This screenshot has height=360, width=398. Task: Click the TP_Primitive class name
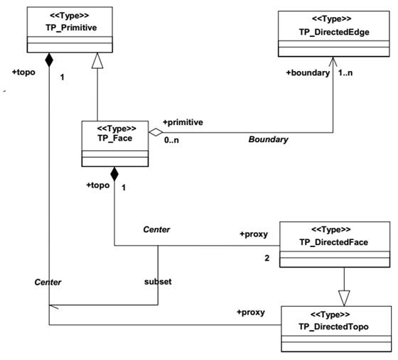pyautogui.click(x=71, y=28)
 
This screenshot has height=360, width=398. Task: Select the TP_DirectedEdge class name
pyautogui.click(x=334, y=32)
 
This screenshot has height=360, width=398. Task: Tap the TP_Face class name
pyautogui.click(x=114, y=138)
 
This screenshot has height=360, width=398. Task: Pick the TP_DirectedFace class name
pyautogui.click(x=334, y=242)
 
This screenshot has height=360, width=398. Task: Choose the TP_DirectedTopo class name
pyautogui.click(x=333, y=327)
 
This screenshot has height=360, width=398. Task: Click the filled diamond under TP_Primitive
pyautogui.click(x=49, y=60)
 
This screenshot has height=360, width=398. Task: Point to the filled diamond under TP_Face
pyautogui.click(x=114, y=174)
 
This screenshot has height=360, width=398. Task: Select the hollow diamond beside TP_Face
pyautogui.click(x=156, y=132)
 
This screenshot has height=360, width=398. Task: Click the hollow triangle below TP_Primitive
pyautogui.click(x=97, y=60)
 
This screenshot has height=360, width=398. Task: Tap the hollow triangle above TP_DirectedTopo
pyautogui.click(x=344, y=298)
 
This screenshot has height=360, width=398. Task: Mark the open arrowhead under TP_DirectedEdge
pyautogui.click(x=333, y=62)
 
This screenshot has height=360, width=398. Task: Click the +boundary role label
pyautogui.click(x=308, y=72)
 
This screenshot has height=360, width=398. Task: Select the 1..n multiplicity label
pyautogui.click(x=345, y=72)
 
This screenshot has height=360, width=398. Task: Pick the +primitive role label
pyautogui.click(x=183, y=122)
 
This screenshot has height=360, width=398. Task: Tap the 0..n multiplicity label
pyautogui.click(x=171, y=140)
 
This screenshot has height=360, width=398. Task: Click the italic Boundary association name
pyautogui.click(x=269, y=139)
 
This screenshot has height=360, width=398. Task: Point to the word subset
pyautogui.click(x=158, y=281)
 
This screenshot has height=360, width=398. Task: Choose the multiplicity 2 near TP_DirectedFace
pyautogui.click(x=267, y=258)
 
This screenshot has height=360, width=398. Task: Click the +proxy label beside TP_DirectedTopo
pyautogui.click(x=251, y=312)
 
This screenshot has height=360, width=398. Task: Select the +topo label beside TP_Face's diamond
pyautogui.click(x=98, y=185)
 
